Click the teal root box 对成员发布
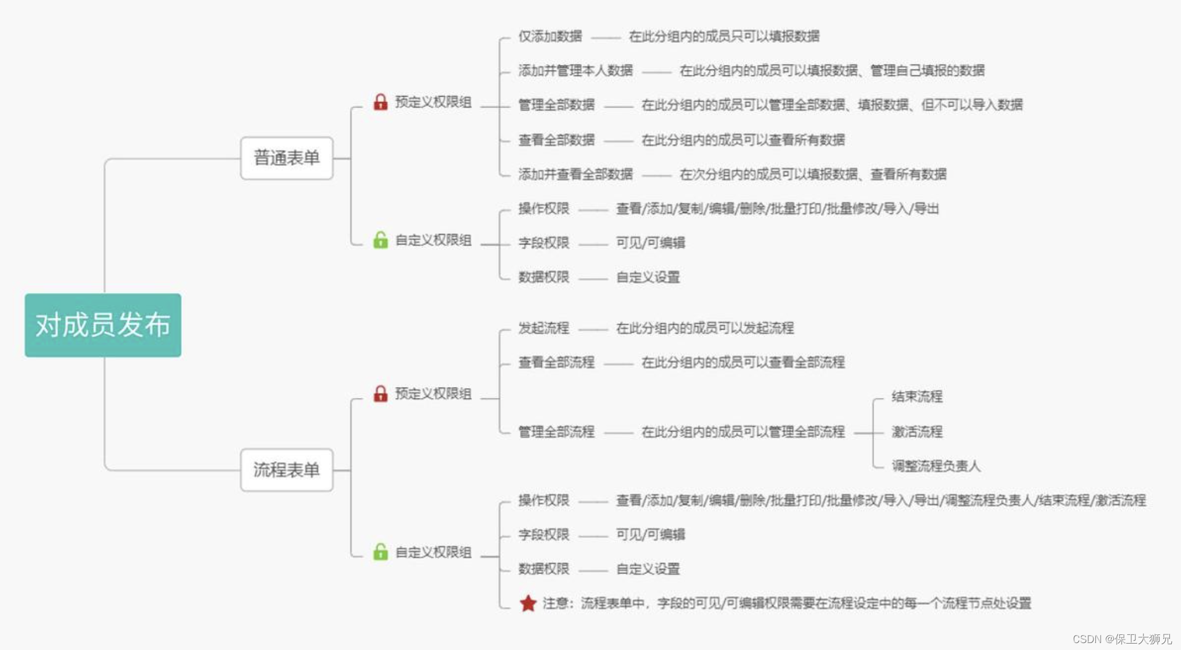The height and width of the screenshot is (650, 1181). [x=102, y=325]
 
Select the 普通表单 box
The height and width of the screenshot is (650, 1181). [x=287, y=158]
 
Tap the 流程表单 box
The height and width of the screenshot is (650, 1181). [x=287, y=470]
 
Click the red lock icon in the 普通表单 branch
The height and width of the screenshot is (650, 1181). [x=380, y=102]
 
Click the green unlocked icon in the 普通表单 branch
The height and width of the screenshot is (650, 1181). [x=380, y=240]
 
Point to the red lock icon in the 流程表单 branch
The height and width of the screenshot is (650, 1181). [x=380, y=394]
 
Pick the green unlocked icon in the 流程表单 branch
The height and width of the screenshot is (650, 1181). [x=380, y=552]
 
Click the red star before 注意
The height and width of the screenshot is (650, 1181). [x=528, y=603]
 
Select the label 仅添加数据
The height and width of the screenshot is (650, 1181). [x=550, y=36]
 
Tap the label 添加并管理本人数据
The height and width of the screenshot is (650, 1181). [x=575, y=71]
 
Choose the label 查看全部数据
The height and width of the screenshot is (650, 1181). [x=556, y=140]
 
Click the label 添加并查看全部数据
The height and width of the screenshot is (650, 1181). [x=575, y=174]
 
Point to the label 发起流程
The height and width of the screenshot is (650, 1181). [x=544, y=328]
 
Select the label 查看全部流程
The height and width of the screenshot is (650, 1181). [x=556, y=363]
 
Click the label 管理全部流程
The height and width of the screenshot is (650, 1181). [x=556, y=432]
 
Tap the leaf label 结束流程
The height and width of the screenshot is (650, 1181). [x=917, y=397]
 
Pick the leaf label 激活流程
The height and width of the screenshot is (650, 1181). [x=917, y=432]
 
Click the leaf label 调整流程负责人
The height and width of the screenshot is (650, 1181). [x=936, y=466]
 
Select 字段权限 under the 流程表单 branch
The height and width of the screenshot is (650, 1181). [x=544, y=534]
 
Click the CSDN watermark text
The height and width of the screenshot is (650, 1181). [x=1121, y=639]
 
